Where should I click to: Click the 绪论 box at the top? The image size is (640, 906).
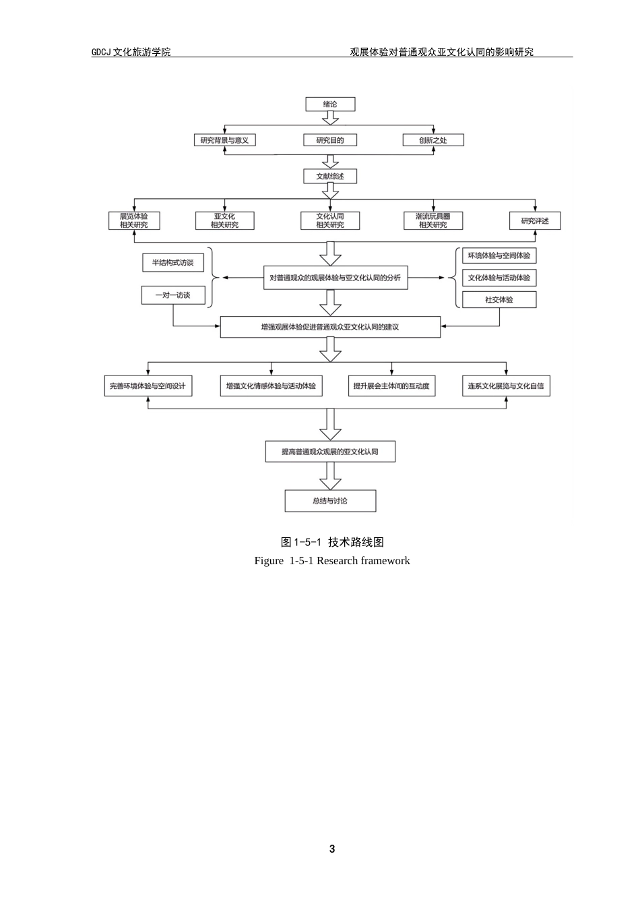click(330, 104)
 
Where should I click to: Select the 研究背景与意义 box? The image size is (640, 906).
click(224, 140)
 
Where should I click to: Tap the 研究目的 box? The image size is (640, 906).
click(330, 140)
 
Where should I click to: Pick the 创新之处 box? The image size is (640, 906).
click(433, 140)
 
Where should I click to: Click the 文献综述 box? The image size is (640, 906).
click(330, 177)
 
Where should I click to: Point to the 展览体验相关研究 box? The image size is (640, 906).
click(134, 220)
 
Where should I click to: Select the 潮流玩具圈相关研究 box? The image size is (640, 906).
click(433, 220)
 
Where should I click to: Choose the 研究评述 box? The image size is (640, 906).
click(535, 220)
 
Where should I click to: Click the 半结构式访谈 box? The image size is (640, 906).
click(173, 263)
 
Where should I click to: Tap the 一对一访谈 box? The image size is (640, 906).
click(173, 295)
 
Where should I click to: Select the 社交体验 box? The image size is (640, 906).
click(499, 299)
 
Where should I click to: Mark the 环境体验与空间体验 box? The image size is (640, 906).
click(499, 255)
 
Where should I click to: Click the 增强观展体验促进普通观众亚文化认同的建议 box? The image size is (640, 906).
click(330, 327)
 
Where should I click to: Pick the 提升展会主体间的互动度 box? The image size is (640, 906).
click(391, 386)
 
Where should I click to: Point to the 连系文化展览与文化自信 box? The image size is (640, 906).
click(506, 386)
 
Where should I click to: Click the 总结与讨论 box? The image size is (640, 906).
click(330, 501)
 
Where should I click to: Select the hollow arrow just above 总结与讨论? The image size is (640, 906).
click(330, 476)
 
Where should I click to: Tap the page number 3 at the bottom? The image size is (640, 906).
click(332, 849)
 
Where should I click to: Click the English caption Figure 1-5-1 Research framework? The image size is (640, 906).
click(332, 561)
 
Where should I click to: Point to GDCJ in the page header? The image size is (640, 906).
click(101, 52)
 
